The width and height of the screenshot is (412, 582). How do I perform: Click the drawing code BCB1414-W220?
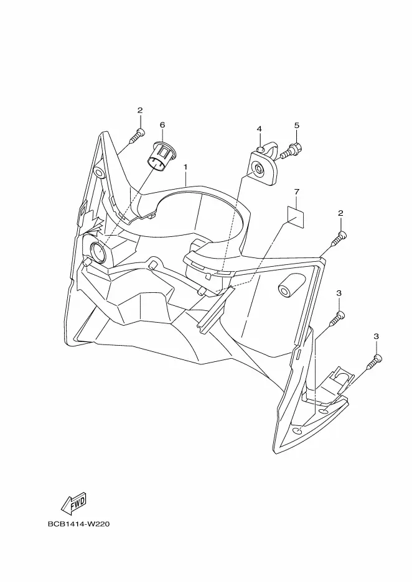pyautogui.click(x=79, y=524)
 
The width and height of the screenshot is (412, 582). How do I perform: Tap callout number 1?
pyautogui.click(x=185, y=167)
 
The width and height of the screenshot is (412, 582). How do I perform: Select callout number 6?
pyautogui.click(x=162, y=125)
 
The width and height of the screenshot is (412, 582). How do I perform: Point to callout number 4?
pyautogui.click(x=260, y=129)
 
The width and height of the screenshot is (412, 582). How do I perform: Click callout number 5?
pyautogui.click(x=296, y=126)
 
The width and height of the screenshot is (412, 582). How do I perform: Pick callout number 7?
pyautogui.click(x=296, y=192)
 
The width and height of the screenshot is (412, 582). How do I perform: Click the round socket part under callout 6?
pyautogui.click(x=160, y=157)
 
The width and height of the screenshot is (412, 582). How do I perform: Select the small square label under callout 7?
pyautogui.click(x=296, y=217)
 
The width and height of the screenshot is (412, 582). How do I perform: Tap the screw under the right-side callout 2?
pyautogui.click(x=339, y=239)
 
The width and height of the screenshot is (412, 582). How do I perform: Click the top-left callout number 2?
pyautogui.click(x=140, y=110)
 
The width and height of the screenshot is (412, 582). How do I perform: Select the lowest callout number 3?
pyautogui.click(x=377, y=336)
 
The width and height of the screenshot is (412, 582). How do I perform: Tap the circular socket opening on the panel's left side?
pyautogui.click(x=98, y=251)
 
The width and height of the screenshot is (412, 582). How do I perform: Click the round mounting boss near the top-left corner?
pyautogui.click(x=99, y=173)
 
